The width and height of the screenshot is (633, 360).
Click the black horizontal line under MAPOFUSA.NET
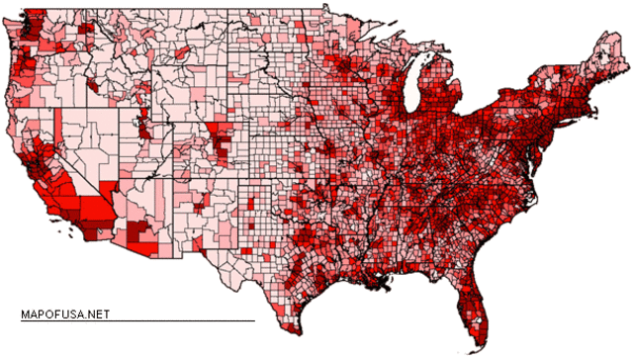[x=137, y=320]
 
